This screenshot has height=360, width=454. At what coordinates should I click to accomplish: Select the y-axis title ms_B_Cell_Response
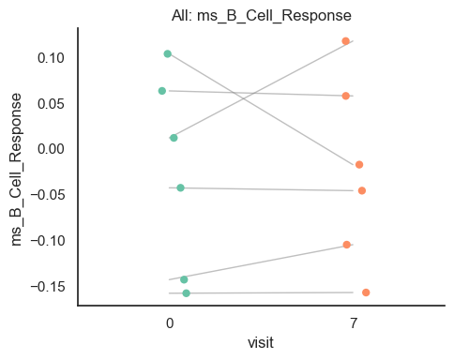click(x=16, y=167)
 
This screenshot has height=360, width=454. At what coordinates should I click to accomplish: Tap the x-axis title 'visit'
click(x=260, y=343)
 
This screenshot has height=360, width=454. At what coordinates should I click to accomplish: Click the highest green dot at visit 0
click(x=167, y=54)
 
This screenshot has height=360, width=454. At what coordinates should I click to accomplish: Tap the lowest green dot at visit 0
click(x=186, y=293)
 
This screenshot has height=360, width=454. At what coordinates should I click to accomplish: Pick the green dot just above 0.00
click(x=174, y=138)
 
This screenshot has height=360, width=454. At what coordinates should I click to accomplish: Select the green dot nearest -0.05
click(x=180, y=187)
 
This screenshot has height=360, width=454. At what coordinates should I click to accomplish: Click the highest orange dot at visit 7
click(x=345, y=41)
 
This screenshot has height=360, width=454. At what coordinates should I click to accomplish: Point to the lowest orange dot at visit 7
click(x=366, y=292)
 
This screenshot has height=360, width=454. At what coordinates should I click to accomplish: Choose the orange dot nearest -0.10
click(x=346, y=245)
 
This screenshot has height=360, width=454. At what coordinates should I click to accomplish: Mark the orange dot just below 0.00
click(x=359, y=165)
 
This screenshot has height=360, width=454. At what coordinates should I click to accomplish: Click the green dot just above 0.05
click(x=162, y=91)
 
